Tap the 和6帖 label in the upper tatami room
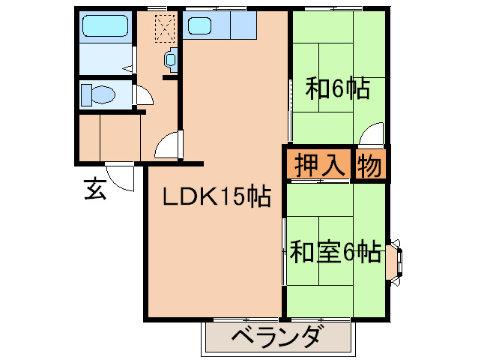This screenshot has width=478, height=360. click(336, 89)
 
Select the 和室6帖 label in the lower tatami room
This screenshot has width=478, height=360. click(336, 250)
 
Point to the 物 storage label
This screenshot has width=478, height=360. click(370, 164)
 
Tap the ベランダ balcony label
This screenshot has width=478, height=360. click(277, 337)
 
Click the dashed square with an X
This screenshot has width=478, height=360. click(164, 27)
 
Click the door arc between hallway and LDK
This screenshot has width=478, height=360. click(169, 144)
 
